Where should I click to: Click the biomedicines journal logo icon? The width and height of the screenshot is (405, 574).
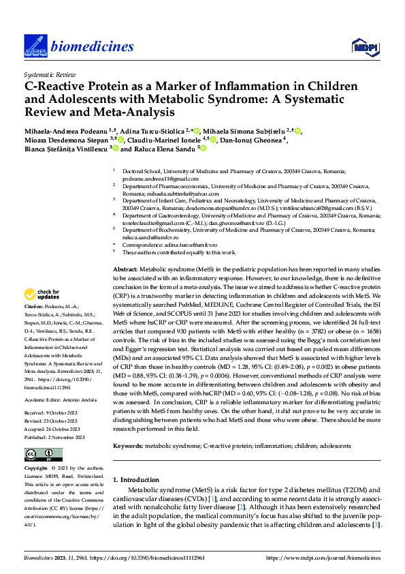click(34, 46)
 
